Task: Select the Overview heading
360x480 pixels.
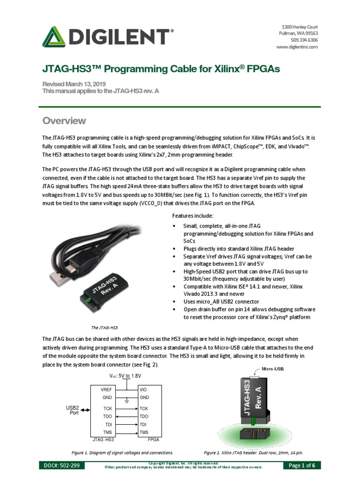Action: tap(64, 121)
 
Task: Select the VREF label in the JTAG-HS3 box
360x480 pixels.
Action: tap(106, 390)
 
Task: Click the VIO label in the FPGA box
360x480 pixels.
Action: tap(143, 390)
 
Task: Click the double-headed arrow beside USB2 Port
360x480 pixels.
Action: tap(85, 411)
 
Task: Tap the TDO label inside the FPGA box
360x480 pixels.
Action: tap(144, 416)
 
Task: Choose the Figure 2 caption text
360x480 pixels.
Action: tap(253, 453)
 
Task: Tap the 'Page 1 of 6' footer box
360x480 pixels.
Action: tap(302, 465)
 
